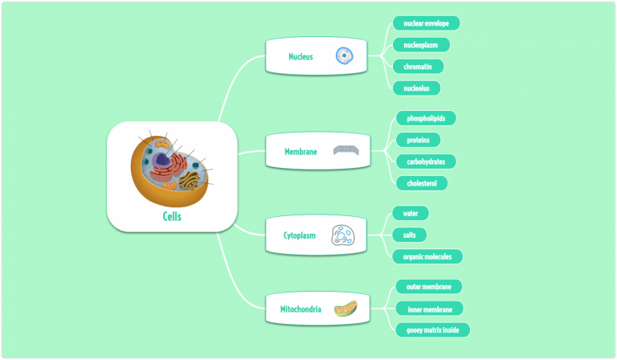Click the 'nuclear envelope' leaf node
[x=426, y=22]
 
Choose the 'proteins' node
[x=418, y=140]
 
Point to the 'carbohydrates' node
[x=426, y=162]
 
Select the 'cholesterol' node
[x=422, y=183]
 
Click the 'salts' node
[x=409, y=235]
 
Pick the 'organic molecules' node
[x=427, y=256]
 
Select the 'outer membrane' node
[x=429, y=287]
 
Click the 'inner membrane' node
[x=429, y=309]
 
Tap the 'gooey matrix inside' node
[x=432, y=329]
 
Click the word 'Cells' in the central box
[x=172, y=216]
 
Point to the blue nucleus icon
[x=345, y=55]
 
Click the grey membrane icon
[x=347, y=151]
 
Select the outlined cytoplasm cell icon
[x=344, y=235]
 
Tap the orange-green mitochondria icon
[x=346, y=309]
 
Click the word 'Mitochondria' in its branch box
[x=300, y=309]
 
